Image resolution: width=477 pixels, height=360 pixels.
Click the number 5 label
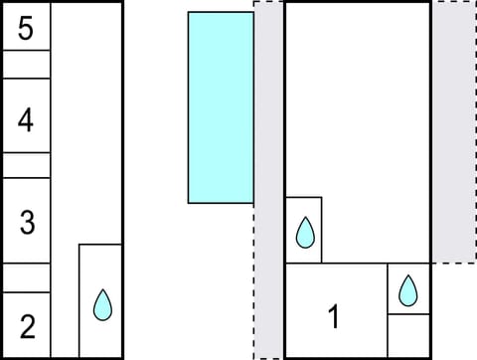point(26,28)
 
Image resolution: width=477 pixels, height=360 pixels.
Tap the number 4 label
point(26,121)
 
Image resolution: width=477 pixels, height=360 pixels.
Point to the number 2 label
point(27,324)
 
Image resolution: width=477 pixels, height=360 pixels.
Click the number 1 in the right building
point(334,318)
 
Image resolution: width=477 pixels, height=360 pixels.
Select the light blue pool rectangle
point(221,107)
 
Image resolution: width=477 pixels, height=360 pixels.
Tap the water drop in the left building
point(101,304)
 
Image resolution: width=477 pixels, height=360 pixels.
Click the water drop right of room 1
point(407,290)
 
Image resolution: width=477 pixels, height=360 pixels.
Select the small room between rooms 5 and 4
point(26,64)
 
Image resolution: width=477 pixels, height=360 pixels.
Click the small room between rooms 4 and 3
point(26,165)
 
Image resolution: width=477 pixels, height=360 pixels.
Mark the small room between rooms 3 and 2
point(26,277)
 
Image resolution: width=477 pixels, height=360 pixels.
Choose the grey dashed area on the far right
point(452,129)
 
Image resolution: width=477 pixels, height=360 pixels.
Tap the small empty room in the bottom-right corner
point(407,335)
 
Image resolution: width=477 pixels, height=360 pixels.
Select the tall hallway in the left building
point(85,119)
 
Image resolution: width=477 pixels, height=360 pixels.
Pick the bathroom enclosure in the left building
point(100,298)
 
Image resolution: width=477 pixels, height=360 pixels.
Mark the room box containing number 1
point(336,309)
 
